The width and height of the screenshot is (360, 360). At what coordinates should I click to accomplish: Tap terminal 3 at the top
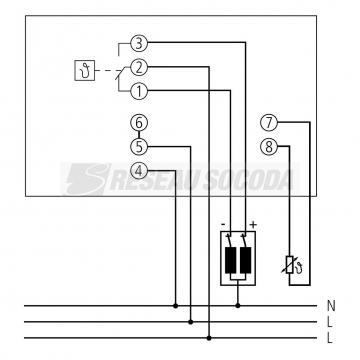(139, 43)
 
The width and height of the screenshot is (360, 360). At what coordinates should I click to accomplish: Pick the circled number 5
(139, 146)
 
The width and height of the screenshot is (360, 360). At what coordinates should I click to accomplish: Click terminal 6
(139, 123)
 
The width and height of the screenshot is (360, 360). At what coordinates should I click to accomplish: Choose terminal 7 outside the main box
(267, 123)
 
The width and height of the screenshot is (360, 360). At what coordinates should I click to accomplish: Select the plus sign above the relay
(254, 224)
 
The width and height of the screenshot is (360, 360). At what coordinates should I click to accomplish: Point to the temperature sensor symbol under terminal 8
(291, 267)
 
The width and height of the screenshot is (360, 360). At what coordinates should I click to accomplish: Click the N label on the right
(331, 306)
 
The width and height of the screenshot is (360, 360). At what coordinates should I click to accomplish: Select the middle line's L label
(331, 322)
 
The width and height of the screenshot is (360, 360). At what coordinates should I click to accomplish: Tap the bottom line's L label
(331, 339)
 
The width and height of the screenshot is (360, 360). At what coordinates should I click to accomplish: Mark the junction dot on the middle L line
(191, 322)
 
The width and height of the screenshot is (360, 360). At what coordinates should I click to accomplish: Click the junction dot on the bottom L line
(207, 338)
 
